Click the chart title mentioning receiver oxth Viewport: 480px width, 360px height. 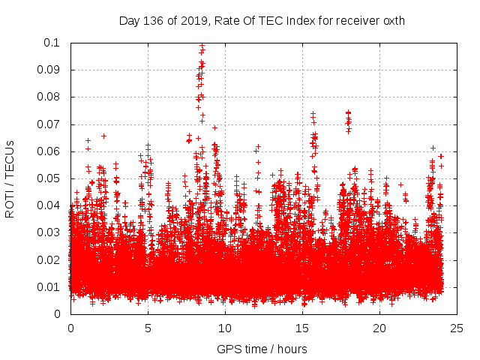click(262, 21)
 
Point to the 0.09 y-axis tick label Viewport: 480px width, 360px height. click(49, 70)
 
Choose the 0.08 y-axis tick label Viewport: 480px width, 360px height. click(49, 97)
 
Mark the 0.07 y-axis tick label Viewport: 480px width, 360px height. click(49, 124)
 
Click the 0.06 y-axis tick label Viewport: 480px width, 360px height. click(49, 151)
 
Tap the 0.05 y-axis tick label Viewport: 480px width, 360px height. click(49, 178)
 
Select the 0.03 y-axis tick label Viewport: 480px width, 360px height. click(49, 232)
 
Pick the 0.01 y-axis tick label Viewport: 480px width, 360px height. click(49, 287)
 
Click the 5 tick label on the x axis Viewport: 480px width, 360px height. click(148, 328)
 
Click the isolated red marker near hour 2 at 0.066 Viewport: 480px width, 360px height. click(103, 136)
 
